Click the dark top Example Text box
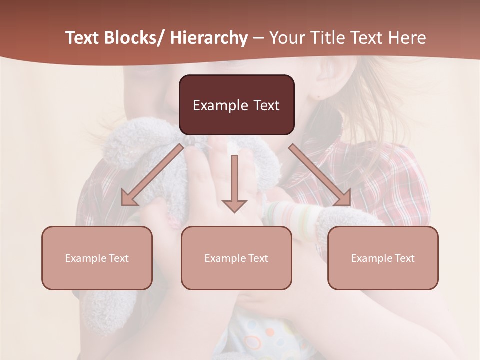click(x=236, y=105)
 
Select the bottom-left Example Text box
click(x=97, y=258)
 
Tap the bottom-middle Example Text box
click(x=236, y=258)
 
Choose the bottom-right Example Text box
click(x=383, y=258)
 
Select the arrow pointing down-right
click(x=320, y=175)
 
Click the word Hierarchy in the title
click(x=208, y=38)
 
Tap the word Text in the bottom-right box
click(x=404, y=258)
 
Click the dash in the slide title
click(x=258, y=38)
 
